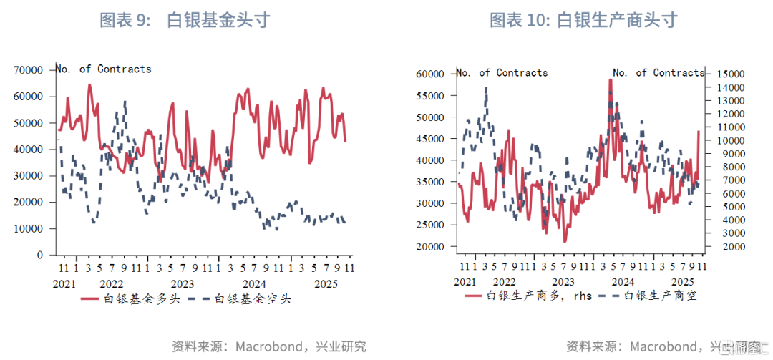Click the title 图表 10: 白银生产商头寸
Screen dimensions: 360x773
pyautogui.click(x=583, y=20)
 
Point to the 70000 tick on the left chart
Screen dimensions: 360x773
pyautogui.click(x=29, y=69)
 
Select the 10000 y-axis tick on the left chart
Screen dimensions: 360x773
pyautogui.click(x=29, y=228)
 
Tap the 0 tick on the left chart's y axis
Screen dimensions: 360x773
pyautogui.click(x=40, y=255)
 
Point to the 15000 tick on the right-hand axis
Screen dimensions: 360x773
pyautogui.click(x=726, y=74)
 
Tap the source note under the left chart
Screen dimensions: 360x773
pyautogui.click(x=269, y=346)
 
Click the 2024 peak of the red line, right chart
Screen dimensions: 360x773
pyautogui.click(x=611, y=79)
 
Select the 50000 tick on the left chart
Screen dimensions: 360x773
pyautogui.click(x=29, y=122)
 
